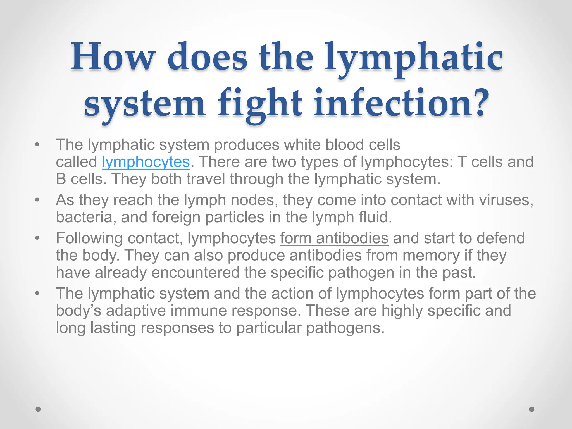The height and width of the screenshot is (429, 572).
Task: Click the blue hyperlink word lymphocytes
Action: (x=146, y=162)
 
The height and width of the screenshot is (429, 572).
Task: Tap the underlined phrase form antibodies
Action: (x=334, y=238)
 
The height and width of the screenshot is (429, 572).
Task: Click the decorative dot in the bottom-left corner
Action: (x=39, y=409)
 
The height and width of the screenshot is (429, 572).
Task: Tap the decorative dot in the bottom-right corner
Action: (x=532, y=409)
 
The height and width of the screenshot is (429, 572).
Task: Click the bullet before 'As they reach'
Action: (x=37, y=200)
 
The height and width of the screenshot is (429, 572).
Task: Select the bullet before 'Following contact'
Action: (x=37, y=238)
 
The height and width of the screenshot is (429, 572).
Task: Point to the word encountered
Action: (x=195, y=272)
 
